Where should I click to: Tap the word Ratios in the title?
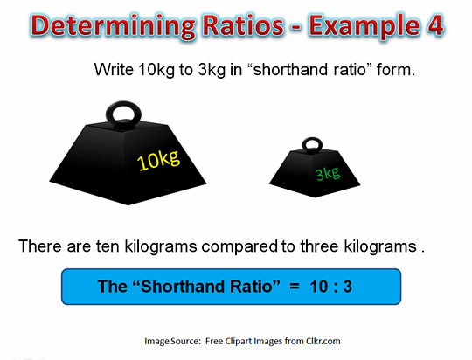(x=243, y=24)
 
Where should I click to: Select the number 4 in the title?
(x=434, y=25)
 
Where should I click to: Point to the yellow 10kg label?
(x=158, y=160)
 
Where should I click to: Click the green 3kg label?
(x=328, y=174)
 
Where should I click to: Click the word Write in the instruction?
(x=114, y=70)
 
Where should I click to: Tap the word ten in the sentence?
(x=108, y=246)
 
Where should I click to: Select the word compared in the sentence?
(x=239, y=247)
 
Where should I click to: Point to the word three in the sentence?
(x=319, y=246)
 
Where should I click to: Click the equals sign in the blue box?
(x=295, y=286)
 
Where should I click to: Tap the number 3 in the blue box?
(x=347, y=287)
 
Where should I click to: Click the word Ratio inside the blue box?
(x=252, y=287)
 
